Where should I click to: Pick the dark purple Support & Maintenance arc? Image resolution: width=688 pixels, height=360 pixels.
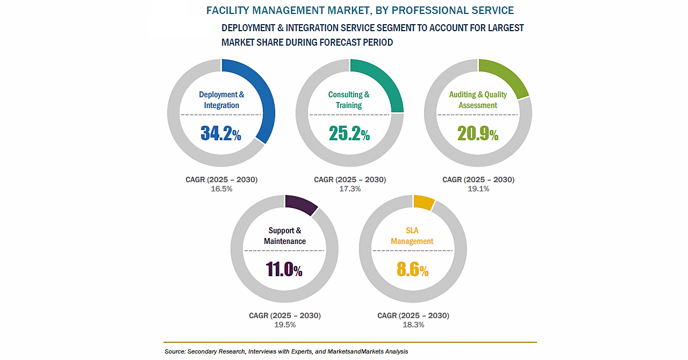point(302,204)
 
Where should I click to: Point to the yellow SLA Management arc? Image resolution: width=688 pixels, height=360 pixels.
point(424,201)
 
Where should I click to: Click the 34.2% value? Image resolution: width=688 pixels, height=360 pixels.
point(221,133)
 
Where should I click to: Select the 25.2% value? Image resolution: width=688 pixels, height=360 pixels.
point(349,133)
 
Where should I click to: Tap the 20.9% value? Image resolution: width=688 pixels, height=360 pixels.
point(478,133)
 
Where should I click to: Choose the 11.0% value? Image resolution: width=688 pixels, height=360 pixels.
point(284,269)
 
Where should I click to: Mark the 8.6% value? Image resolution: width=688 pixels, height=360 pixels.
point(412,269)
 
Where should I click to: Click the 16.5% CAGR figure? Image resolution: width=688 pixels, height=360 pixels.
point(221,189)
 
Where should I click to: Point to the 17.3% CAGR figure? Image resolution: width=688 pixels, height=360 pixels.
point(350,189)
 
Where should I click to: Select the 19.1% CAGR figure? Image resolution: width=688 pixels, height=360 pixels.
point(478,189)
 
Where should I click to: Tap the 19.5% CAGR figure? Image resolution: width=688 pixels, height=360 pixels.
point(285,325)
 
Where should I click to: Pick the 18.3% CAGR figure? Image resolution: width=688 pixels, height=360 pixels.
point(413,325)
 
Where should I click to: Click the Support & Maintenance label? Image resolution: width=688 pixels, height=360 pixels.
point(285,236)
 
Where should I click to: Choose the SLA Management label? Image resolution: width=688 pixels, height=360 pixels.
point(412,236)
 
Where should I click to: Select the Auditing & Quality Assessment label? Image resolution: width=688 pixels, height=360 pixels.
point(478,100)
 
